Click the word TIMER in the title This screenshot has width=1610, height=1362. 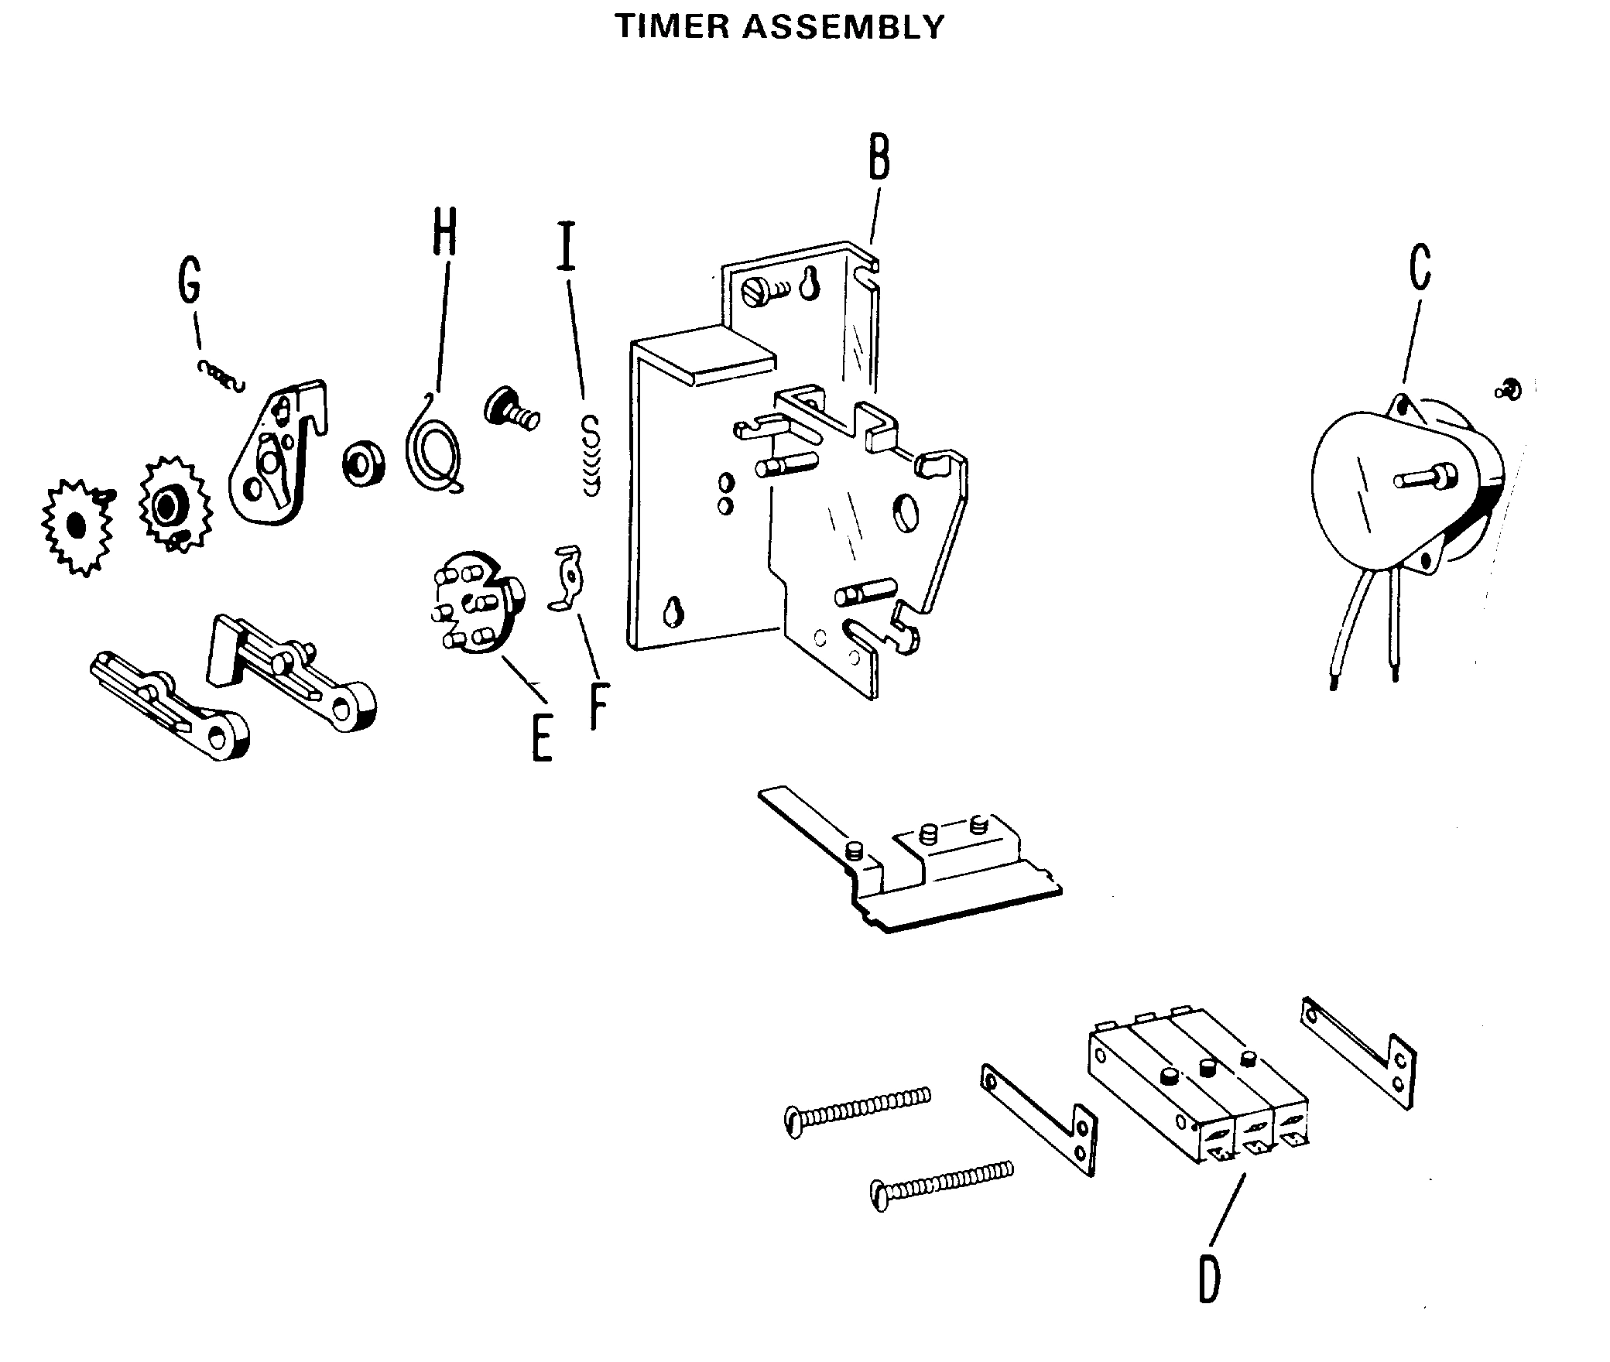tap(673, 27)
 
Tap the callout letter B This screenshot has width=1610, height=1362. tap(879, 158)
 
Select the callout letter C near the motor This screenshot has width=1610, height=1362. tap(1419, 267)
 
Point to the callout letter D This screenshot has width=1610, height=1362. tap(1209, 1281)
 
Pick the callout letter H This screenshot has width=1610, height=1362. tap(444, 231)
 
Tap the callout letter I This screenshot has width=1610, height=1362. tap(567, 245)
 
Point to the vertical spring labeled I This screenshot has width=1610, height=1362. tap(591, 457)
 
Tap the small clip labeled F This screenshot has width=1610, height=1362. tap(567, 577)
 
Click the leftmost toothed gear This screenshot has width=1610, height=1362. tap(76, 526)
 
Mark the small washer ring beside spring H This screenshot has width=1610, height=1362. tap(364, 464)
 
